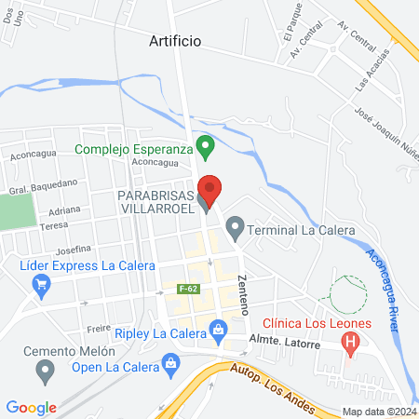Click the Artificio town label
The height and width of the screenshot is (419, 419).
(x=176, y=41)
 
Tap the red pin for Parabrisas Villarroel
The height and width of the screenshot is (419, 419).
(x=210, y=190)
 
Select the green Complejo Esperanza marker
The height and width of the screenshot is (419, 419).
(x=209, y=147)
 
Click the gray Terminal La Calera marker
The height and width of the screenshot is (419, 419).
(x=236, y=226)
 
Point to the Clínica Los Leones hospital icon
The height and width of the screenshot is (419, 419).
(x=351, y=343)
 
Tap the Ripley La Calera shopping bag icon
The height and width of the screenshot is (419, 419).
(x=218, y=328)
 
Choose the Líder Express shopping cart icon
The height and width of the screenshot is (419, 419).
(x=41, y=287)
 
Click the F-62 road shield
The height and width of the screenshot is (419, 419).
(x=186, y=290)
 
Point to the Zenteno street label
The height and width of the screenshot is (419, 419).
(x=245, y=292)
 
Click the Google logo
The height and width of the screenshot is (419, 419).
(x=31, y=407)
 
